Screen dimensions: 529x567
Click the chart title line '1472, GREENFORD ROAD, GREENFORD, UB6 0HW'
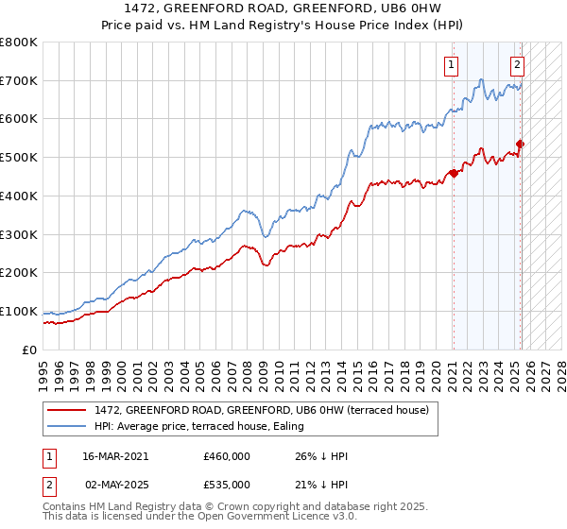[283, 10]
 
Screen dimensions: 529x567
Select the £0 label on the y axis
[28, 350]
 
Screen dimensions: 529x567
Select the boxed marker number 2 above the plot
[518, 65]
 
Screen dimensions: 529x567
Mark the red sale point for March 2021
[455, 173]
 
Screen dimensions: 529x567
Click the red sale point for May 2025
[520, 144]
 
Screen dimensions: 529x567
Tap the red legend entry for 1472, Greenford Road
[262, 410]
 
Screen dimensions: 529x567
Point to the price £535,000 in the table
[226, 485]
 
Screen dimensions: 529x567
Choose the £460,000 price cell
[226, 456]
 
